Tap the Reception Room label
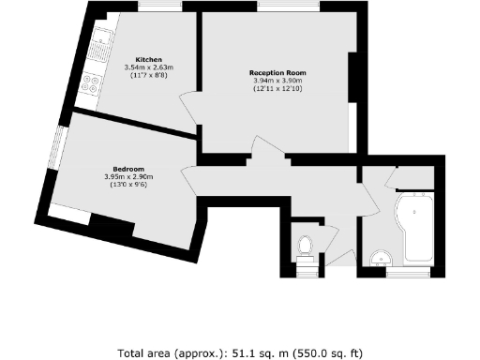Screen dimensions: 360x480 tap(277, 72)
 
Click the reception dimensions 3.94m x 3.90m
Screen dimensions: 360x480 tap(277, 81)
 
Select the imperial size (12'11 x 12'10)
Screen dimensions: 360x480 tap(277, 89)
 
